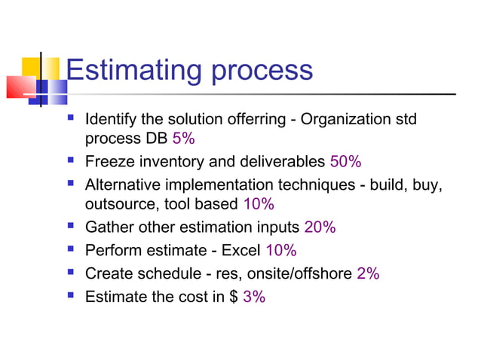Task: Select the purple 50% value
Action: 346,162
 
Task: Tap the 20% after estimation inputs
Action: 320,227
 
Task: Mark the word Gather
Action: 108,227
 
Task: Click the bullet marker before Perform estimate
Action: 72,249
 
